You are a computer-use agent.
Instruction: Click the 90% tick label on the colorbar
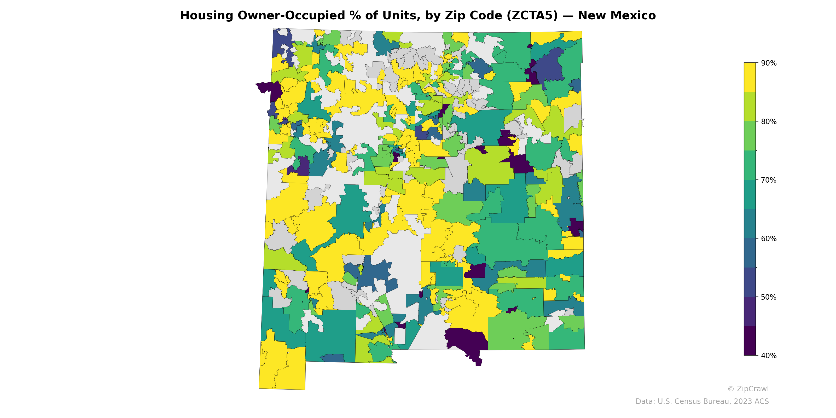click(x=769, y=63)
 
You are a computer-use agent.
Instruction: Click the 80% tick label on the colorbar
click(x=769, y=122)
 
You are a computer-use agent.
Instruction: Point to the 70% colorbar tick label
click(x=769, y=180)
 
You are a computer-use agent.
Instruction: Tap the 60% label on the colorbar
click(x=769, y=239)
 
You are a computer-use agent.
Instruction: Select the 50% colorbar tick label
click(x=769, y=297)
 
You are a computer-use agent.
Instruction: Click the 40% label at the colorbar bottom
click(x=769, y=355)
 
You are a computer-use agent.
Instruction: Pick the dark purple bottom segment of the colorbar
click(x=750, y=341)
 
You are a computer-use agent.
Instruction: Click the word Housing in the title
click(x=206, y=16)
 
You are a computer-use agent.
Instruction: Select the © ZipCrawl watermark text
click(x=748, y=389)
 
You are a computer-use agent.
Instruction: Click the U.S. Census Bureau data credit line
click(x=702, y=402)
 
